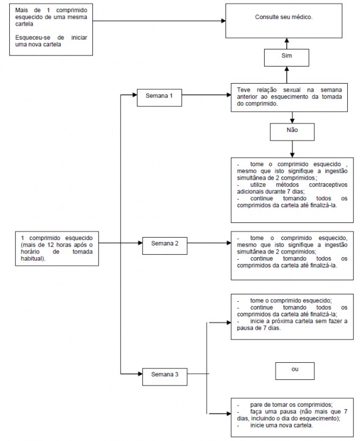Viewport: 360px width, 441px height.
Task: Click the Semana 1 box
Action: tap(160, 98)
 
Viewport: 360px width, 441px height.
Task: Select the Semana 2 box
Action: tap(164, 246)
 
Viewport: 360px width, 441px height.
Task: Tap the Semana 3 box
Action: tap(164, 377)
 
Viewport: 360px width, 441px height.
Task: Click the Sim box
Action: tap(287, 57)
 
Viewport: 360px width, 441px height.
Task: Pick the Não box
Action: tap(292, 132)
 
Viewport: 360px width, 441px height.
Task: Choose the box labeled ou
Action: tap(295, 371)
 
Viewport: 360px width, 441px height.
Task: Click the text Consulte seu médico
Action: tap(284, 17)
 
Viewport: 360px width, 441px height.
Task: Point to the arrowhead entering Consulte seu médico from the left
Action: tap(224, 21)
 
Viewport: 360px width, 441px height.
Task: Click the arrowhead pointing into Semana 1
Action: tap(135, 95)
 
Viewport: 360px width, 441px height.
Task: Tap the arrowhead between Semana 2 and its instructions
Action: tap(229, 242)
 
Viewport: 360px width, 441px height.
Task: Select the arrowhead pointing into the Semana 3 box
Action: tap(140, 374)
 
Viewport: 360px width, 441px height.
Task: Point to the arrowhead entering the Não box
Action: tap(292, 121)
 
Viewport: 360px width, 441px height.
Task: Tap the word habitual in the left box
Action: tap(32, 258)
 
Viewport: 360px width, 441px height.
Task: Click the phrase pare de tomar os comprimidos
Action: tap(292, 405)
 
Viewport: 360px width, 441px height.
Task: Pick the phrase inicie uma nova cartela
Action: tap(282, 425)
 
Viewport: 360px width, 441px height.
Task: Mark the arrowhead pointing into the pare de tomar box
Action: tap(229, 414)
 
